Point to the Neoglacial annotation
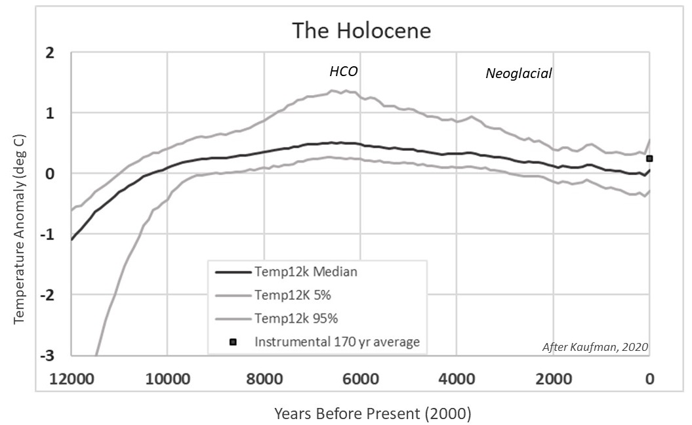(x=518, y=73)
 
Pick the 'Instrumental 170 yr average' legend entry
(x=337, y=342)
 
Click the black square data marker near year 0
(x=649, y=158)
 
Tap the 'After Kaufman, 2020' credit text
(x=594, y=348)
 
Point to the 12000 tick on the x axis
(x=70, y=378)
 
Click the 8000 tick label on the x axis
(x=264, y=378)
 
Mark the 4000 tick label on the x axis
(x=457, y=378)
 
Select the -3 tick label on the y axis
(x=47, y=355)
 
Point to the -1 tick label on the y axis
(x=47, y=234)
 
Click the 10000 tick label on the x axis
(x=167, y=378)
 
